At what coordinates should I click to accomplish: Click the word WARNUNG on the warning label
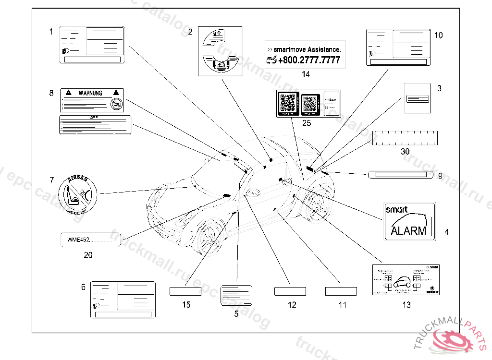pyautogui.click(x=90, y=93)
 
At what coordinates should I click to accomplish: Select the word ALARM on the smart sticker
pyautogui.click(x=408, y=230)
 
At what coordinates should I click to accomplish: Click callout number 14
pyautogui.click(x=306, y=74)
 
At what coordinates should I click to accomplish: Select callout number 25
pyautogui.click(x=307, y=123)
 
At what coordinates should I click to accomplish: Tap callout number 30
pyautogui.click(x=405, y=151)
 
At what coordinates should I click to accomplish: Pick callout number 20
pyautogui.click(x=88, y=255)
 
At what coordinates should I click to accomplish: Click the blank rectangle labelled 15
pyautogui.click(x=185, y=291)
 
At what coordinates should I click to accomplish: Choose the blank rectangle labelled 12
pyautogui.click(x=290, y=291)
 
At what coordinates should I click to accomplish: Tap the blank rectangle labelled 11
pyautogui.click(x=341, y=291)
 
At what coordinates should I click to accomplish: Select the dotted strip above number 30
pyautogui.click(x=405, y=138)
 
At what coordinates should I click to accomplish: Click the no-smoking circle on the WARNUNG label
pyautogui.click(x=115, y=103)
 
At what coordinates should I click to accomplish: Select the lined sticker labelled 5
pyautogui.click(x=236, y=295)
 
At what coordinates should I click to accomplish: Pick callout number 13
pyautogui.click(x=406, y=305)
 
